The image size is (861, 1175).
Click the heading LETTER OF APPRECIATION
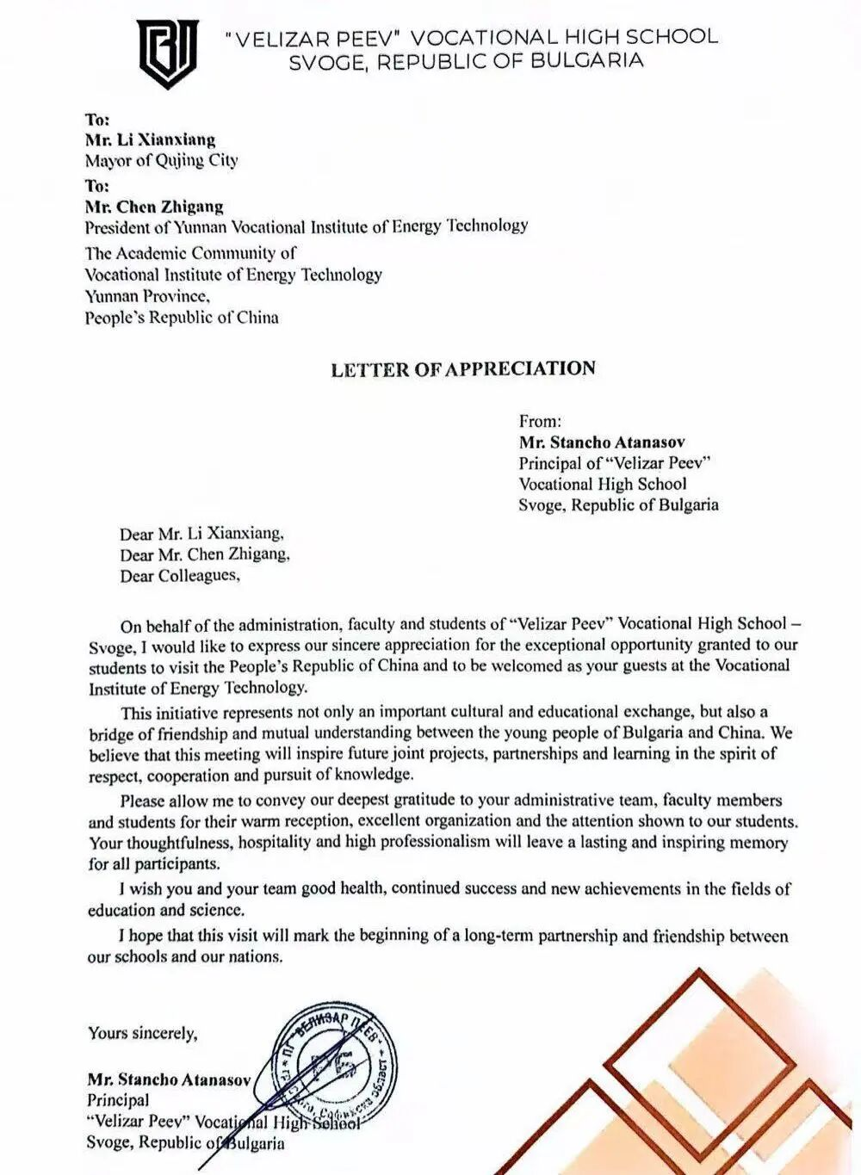[463, 369]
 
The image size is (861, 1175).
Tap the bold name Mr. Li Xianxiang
[150, 139]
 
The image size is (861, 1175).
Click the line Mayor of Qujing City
[161, 160]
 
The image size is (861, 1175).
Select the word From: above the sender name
[540, 421]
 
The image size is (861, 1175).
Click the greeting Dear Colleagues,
[180, 576]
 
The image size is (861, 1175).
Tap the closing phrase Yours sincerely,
[142, 1033]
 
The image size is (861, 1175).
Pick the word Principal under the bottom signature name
[118, 1100]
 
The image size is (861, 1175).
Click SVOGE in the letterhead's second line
[326, 61]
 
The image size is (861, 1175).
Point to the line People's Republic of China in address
[181, 317]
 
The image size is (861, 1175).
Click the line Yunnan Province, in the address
[146, 296]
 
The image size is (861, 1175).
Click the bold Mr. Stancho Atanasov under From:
[602, 442]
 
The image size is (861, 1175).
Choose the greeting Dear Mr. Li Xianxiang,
[201, 534]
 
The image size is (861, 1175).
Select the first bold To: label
[97, 119]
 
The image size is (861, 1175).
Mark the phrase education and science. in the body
[166, 910]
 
